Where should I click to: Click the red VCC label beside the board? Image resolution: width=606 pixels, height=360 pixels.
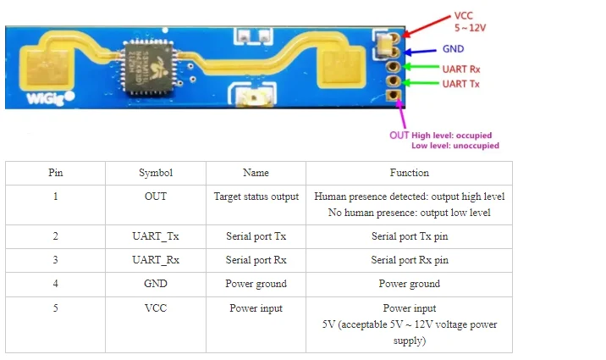[464, 15]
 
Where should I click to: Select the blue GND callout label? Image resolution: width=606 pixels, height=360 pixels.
[453, 49]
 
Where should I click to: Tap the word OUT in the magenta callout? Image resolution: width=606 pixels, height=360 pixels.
[399, 135]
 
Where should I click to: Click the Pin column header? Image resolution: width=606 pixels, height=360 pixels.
[55, 173]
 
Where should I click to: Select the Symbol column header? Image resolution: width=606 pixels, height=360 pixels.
[156, 173]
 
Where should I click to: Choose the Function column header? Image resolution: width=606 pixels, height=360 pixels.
[409, 173]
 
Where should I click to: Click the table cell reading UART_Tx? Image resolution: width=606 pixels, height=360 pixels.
[156, 236]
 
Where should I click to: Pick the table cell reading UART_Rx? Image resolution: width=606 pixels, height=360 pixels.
[156, 260]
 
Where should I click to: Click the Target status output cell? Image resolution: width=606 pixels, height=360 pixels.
[256, 197]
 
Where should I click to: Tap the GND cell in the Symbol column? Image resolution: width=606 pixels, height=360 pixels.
[156, 284]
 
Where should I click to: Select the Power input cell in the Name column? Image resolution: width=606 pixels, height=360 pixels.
[256, 308]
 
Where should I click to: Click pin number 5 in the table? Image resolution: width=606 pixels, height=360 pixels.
[55, 308]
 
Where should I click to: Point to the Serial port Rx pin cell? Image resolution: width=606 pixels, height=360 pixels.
[409, 260]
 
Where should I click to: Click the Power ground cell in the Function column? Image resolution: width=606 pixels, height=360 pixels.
[409, 284]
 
